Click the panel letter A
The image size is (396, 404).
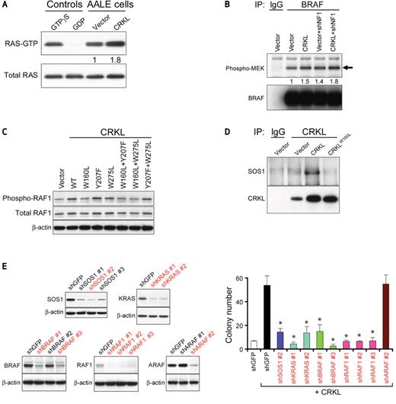tap(5, 7)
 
